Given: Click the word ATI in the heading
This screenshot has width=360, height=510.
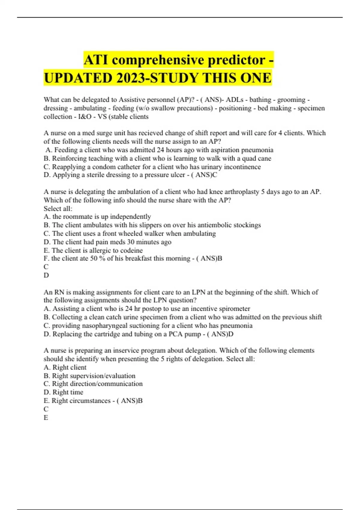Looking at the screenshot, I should point(96,60).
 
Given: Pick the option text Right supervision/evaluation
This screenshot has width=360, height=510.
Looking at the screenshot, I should point(94,376).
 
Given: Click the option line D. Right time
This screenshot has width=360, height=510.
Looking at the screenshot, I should point(64,392).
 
